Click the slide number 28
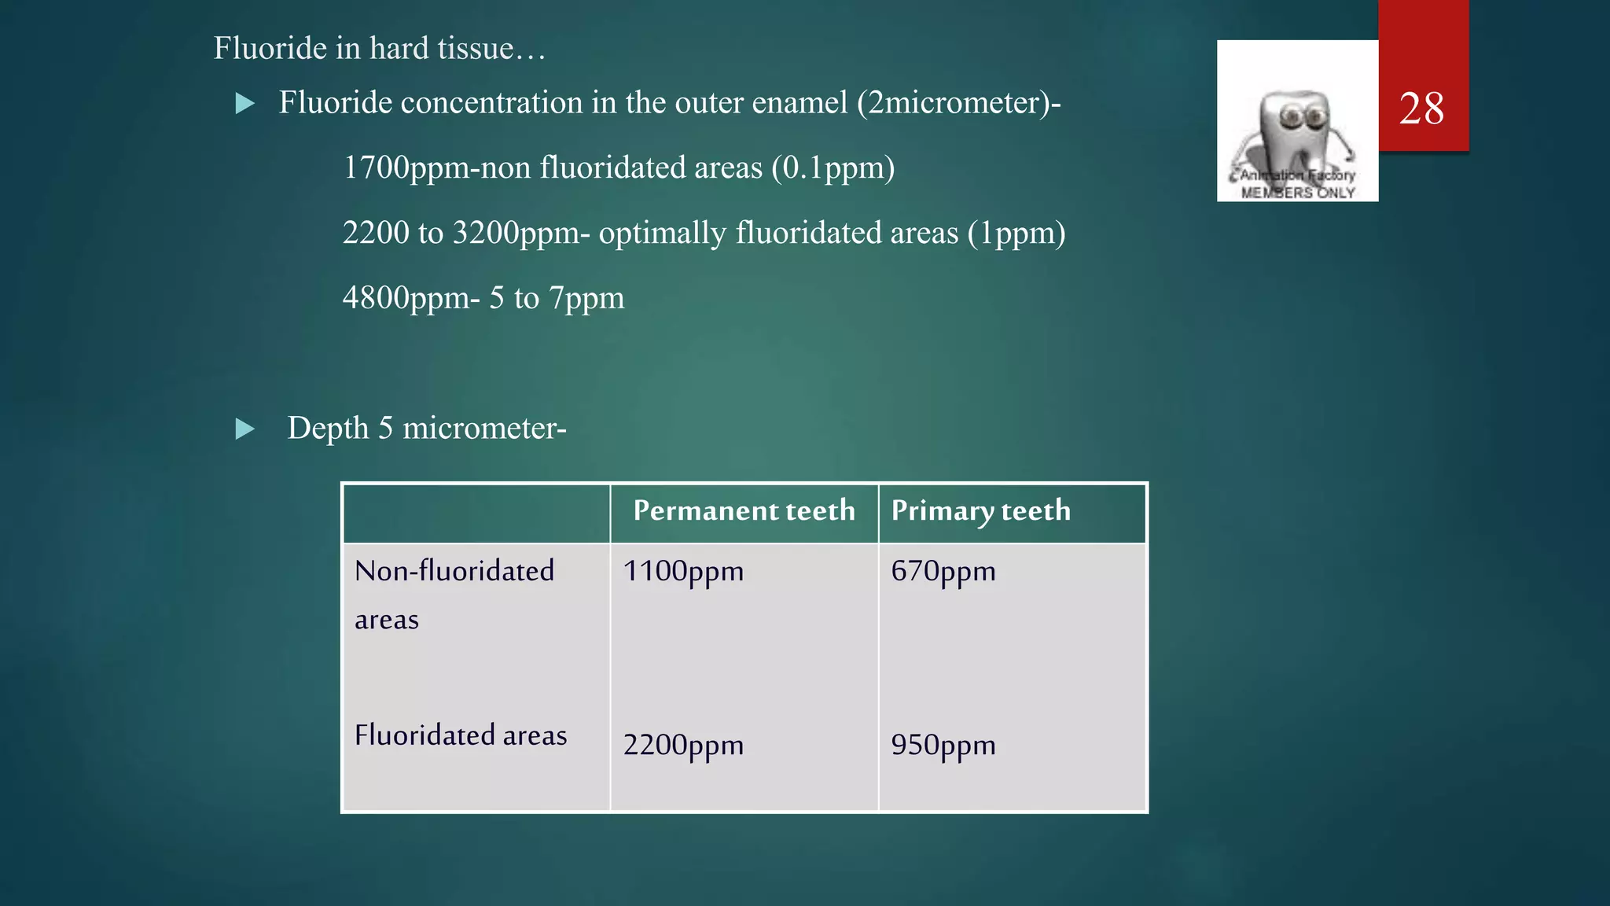1421,109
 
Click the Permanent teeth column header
744,511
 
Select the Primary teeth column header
980,511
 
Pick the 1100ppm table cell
683,572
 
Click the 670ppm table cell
943,572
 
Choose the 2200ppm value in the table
683,746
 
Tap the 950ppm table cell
943,746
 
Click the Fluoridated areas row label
460,735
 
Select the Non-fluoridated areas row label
454,594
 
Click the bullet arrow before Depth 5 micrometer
245,429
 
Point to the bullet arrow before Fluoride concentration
245,104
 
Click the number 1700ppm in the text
406,168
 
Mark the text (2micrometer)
953,103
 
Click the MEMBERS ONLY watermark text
1298,193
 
